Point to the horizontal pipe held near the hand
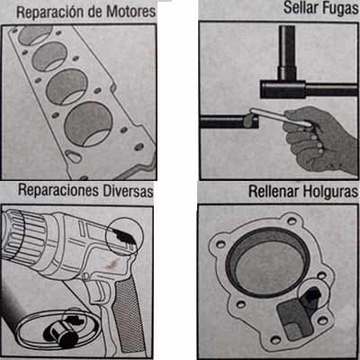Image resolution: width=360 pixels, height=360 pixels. point(225,121)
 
